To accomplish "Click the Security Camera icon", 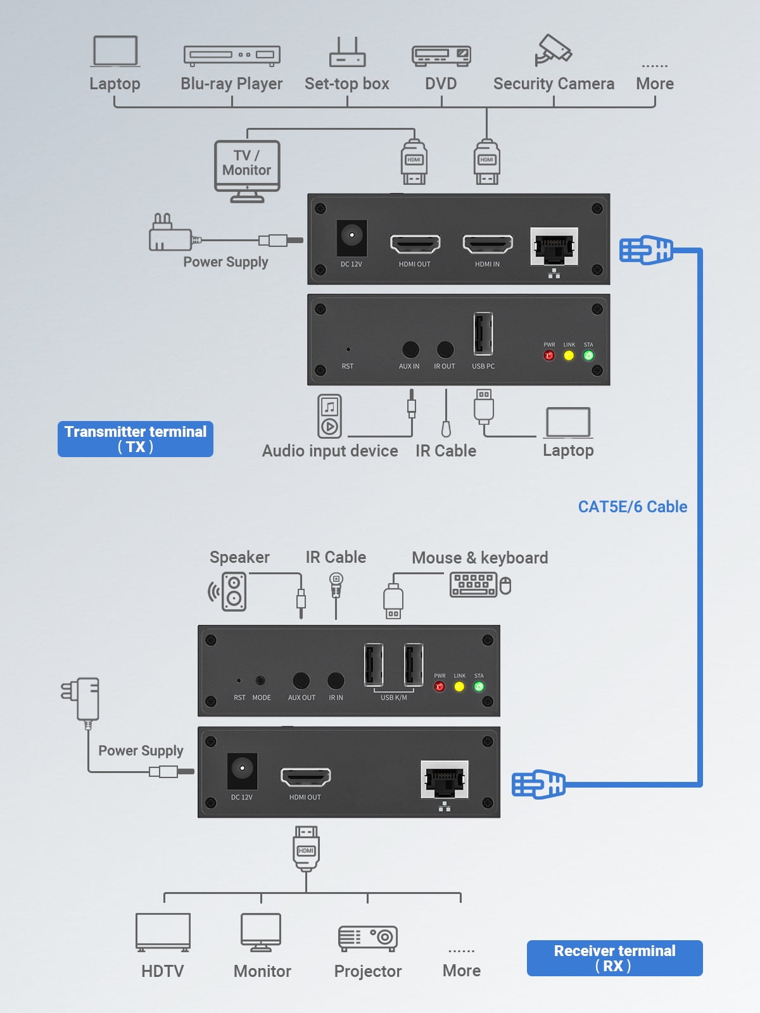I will point(553,49).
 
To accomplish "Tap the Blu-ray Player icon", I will point(232,55).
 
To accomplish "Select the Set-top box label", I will point(346,84).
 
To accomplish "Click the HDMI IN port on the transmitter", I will point(487,243).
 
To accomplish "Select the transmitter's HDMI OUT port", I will point(415,243).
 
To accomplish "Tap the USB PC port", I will point(483,333).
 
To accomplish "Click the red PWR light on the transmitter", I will point(549,355).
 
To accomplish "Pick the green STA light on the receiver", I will point(479,686).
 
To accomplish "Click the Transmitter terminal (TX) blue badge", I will point(136,439).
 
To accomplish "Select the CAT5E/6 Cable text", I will point(632,507).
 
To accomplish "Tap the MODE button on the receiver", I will point(260,681).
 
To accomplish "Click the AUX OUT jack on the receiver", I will point(301,681).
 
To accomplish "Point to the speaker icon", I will point(232,591).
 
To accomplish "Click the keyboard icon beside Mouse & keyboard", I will point(473,584).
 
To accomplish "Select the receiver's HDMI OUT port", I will point(305,776).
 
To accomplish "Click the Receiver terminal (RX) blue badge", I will point(614,958).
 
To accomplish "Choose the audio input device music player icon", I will point(329,416).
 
